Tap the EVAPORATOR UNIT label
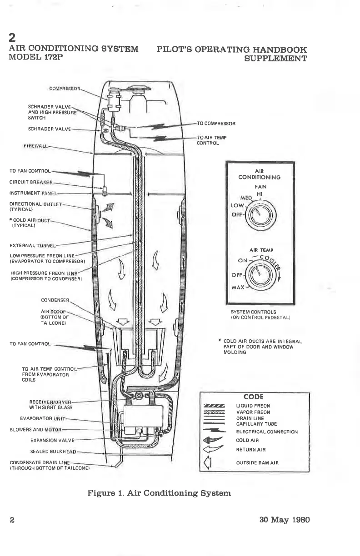click(44, 418)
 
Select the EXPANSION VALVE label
click(52, 440)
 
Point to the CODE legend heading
click(254, 397)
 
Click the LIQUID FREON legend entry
click(254, 406)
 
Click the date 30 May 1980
click(282, 520)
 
